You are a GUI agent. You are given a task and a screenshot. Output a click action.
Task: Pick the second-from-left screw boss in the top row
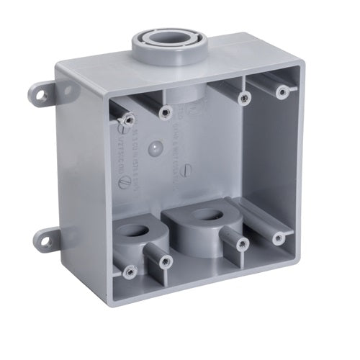[x=166, y=112]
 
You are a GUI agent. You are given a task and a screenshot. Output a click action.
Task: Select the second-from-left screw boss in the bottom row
[x=166, y=260]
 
